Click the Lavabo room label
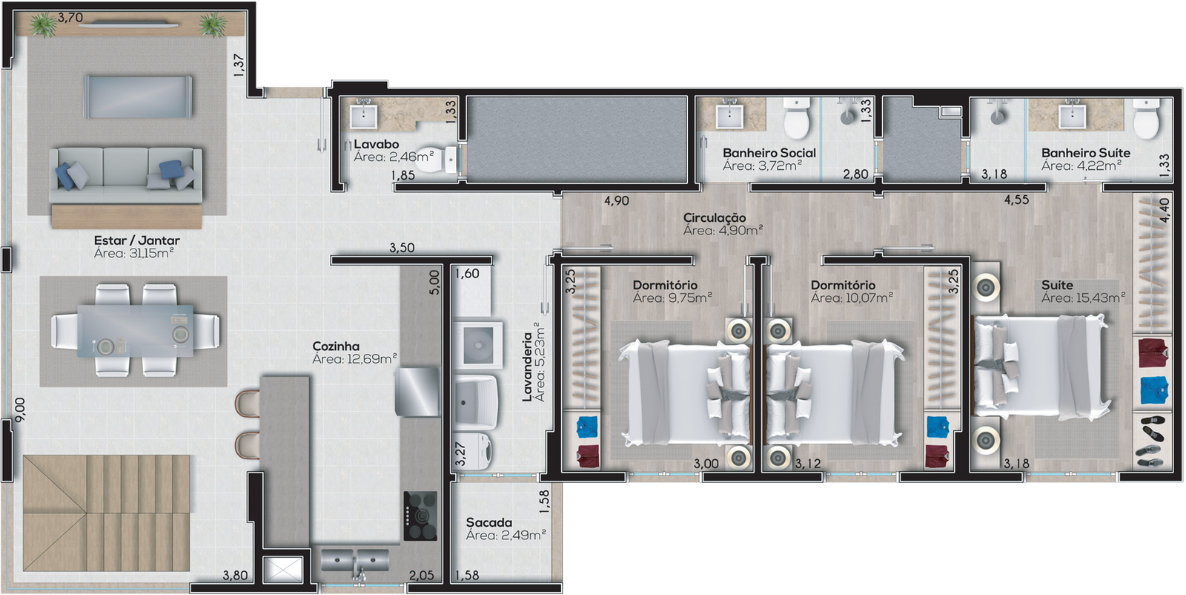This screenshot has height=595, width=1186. click(376, 144)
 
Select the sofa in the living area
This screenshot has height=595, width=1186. click(125, 175)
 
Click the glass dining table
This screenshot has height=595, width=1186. click(136, 331)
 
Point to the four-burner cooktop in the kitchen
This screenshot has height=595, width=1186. click(421, 516)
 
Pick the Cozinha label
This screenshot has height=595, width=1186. click(336, 346)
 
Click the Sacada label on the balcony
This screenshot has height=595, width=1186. click(488, 522)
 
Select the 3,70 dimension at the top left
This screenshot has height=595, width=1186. click(70, 18)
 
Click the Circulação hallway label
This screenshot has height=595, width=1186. click(715, 218)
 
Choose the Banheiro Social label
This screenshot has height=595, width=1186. click(769, 153)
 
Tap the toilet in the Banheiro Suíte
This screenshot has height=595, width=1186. click(1146, 119)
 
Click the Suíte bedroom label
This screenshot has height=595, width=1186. click(1057, 285)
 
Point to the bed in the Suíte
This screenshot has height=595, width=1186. click(1041, 366)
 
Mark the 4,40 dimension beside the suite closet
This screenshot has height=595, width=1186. click(1164, 211)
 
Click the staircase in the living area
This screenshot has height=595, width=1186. click(107, 513)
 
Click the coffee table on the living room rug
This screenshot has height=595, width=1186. click(137, 96)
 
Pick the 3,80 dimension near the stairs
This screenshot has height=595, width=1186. click(235, 576)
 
